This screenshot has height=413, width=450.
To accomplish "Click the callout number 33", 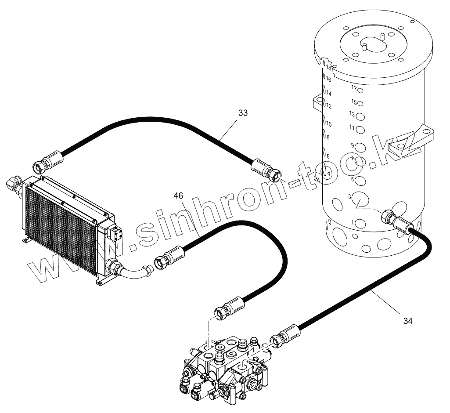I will [243, 113].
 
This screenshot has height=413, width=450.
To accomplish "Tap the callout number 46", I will [178, 196].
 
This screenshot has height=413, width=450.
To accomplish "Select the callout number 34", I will [408, 321].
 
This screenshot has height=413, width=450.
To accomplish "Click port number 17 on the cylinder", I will [360, 91].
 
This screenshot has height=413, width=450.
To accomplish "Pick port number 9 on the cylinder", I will [360, 148].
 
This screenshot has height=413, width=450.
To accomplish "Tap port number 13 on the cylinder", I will [360, 117].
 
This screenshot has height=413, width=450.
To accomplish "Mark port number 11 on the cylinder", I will [360, 130].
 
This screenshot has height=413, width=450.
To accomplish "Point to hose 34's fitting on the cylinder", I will [394, 221].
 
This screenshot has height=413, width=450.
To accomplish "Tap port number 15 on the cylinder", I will [360, 104].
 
